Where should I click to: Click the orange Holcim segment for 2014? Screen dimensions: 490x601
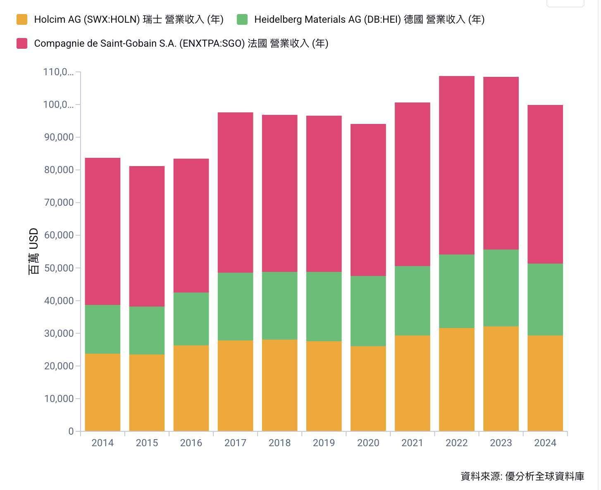(x=103, y=392)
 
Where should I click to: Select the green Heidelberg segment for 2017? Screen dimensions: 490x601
(x=235, y=306)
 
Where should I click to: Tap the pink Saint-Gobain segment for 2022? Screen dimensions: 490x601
(x=457, y=165)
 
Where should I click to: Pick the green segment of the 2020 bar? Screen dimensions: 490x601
(x=368, y=311)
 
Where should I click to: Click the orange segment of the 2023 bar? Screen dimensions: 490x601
(x=501, y=378)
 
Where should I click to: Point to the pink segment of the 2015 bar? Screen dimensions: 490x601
(x=147, y=236)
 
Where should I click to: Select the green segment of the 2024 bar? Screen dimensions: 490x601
(x=545, y=299)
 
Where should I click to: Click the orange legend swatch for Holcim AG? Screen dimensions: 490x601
(x=22, y=19)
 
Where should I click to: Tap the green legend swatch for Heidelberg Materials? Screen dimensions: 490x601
(x=242, y=19)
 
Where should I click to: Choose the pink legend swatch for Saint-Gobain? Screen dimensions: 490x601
(x=22, y=43)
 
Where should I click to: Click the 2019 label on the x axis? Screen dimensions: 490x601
(x=324, y=443)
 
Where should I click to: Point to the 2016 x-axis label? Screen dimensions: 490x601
(x=191, y=443)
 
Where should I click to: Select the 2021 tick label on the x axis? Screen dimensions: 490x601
(x=412, y=443)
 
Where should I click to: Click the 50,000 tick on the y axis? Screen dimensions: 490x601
(x=59, y=268)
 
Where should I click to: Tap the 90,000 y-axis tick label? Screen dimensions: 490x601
(x=59, y=137)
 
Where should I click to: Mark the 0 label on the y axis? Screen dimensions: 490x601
(x=71, y=431)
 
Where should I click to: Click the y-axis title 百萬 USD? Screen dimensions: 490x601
(x=33, y=251)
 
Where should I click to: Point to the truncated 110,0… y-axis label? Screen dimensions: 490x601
(x=58, y=72)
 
